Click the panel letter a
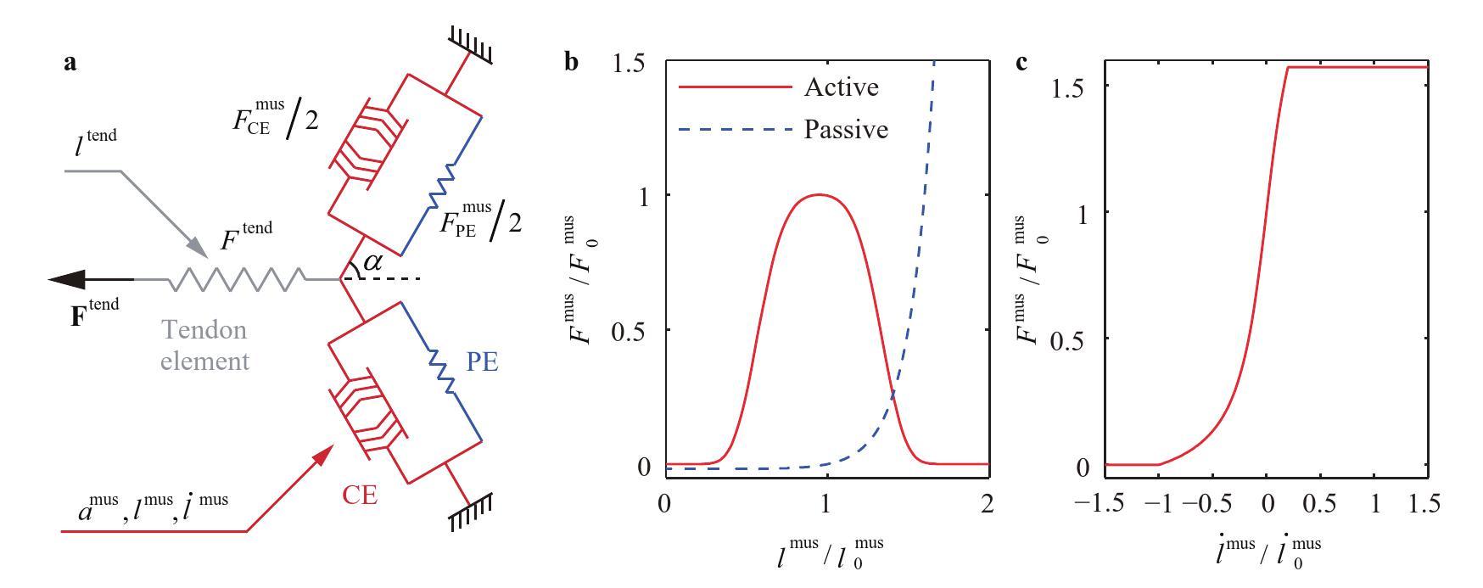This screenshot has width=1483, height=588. tap(70, 62)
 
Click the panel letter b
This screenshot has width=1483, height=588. tap(573, 62)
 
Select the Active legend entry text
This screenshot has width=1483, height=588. tap(840, 87)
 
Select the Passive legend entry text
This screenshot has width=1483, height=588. tap(845, 129)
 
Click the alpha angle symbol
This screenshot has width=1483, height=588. tap(372, 262)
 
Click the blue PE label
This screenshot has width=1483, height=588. tap(481, 362)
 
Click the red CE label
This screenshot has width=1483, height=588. tap(360, 495)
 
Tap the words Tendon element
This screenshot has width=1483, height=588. tap(205, 345)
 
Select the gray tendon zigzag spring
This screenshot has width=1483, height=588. tap(238, 278)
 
